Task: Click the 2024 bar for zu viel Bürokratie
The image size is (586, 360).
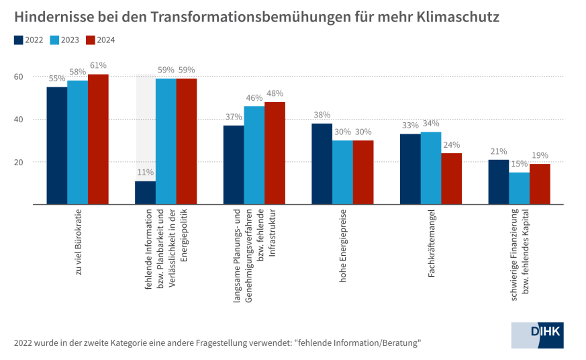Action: click(98, 139)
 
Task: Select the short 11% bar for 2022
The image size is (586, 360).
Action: click(145, 193)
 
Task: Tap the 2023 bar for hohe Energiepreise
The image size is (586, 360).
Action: click(342, 172)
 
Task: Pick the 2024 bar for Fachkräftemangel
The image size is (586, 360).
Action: click(451, 179)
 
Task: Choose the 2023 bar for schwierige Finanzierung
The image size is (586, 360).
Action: click(519, 188)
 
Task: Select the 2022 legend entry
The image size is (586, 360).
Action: click(28, 40)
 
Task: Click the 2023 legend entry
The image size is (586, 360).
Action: click(64, 40)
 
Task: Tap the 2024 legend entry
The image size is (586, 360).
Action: click(101, 40)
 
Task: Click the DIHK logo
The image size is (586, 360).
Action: click(537, 335)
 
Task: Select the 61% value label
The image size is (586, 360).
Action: click(98, 65)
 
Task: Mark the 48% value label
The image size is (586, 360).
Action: click(275, 93)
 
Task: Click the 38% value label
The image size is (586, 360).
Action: click(322, 115)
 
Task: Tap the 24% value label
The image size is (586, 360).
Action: click(451, 144)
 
